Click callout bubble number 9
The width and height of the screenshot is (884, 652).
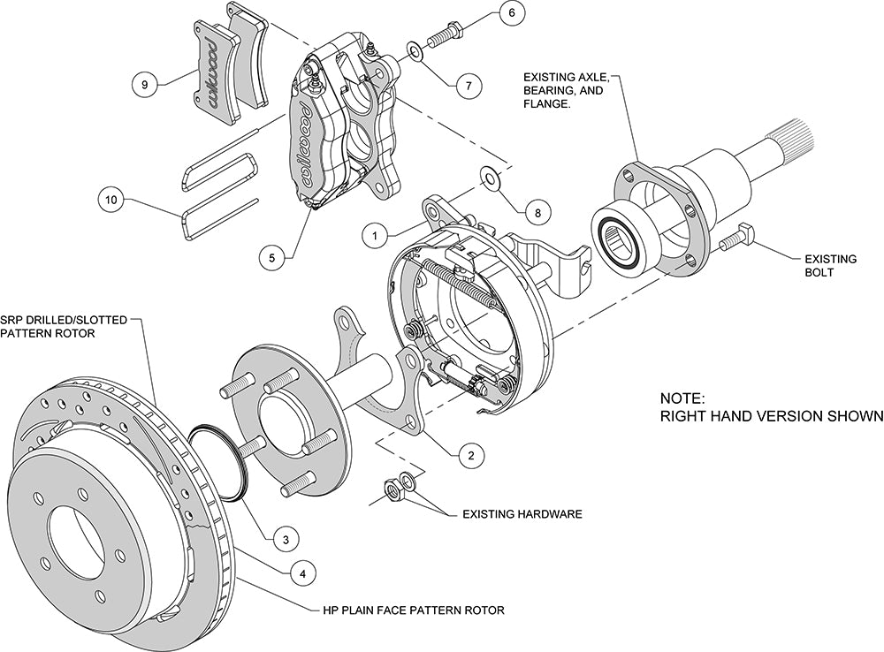(145, 85)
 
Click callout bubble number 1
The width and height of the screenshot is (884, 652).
(375, 236)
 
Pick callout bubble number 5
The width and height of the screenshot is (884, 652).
(272, 258)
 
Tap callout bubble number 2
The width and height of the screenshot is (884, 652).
(470, 456)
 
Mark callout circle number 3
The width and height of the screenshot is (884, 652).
(285, 537)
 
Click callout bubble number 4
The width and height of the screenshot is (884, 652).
(302, 573)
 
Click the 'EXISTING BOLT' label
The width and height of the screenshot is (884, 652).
(830, 266)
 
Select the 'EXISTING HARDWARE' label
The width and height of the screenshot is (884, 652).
(522, 513)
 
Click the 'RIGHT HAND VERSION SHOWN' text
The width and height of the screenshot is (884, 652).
(772, 415)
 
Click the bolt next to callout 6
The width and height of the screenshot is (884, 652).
(448, 34)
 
